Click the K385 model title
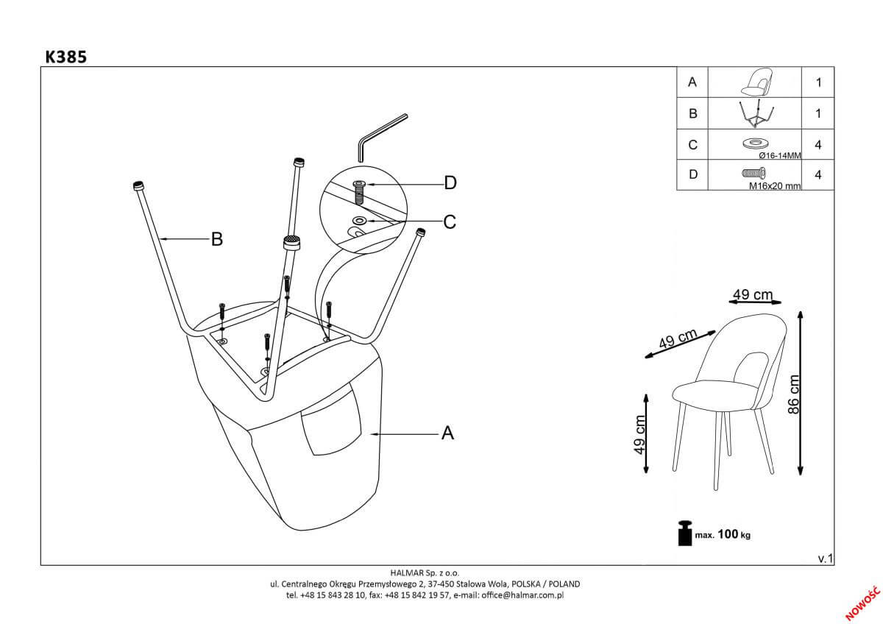pyautogui.click(x=66, y=57)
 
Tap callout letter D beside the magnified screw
pyautogui.click(x=450, y=182)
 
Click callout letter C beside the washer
pyautogui.click(x=450, y=221)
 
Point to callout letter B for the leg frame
pyautogui.click(x=216, y=238)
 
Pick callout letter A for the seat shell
pyautogui.click(x=447, y=434)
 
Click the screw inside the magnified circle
pyautogui.click(x=360, y=192)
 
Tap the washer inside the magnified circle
pyautogui.click(x=360, y=220)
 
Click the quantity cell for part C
pyautogui.click(x=818, y=145)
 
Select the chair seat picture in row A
pyautogui.click(x=755, y=82)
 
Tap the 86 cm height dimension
pyautogui.click(x=793, y=394)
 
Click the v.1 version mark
pyautogui.click(x=824, y=559)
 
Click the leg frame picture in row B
pyautogui.click(x=755, y=114)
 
